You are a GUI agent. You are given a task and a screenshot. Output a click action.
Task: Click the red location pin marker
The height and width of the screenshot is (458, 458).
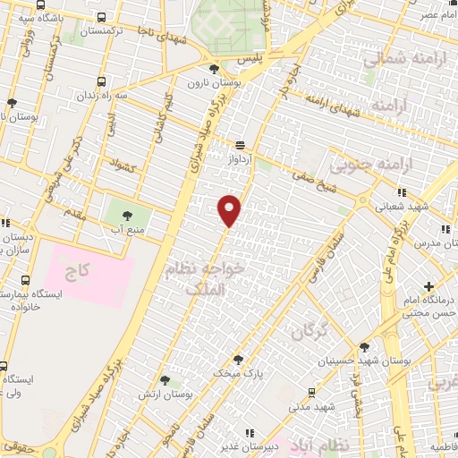(230, 209)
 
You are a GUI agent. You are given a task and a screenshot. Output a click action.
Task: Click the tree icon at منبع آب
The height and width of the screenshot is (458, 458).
(126, 215)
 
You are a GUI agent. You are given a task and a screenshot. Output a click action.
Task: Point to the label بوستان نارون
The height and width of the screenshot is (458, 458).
(210, 83)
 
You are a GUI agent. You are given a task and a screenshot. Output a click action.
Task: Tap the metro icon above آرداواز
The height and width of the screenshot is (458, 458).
(240, 145)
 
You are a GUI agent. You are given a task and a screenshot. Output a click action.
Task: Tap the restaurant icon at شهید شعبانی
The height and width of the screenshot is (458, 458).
(403, 191)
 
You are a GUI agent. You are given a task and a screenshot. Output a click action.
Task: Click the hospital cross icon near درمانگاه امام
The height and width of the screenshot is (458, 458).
(429, 287)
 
